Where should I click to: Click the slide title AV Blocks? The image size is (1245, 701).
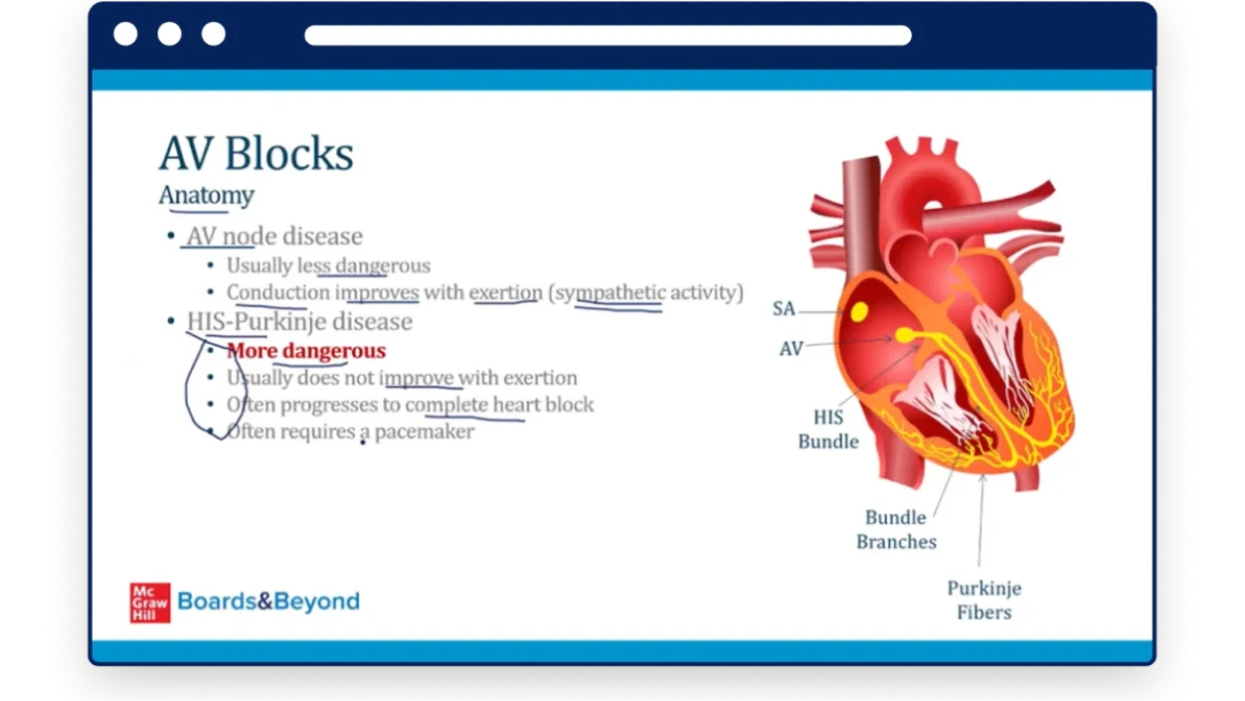[257, 153]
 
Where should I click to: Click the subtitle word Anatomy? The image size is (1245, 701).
[206, 196]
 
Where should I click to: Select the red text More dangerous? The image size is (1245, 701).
[306, 351]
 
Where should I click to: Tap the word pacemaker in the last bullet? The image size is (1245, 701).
[425, 432]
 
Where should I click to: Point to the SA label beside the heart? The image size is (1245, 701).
[784, 308]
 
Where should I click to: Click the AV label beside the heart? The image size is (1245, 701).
[791, 349]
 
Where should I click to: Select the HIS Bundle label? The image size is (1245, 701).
[828, 430]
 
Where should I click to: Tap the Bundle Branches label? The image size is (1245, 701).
[896, 529]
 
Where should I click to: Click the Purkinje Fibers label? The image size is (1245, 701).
[983, 600]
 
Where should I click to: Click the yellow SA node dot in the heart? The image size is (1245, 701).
[859, 311]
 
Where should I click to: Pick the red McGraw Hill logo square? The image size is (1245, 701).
[150, 603]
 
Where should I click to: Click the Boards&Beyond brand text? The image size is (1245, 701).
[268, 602]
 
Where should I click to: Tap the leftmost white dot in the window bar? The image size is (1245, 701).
[125, 34]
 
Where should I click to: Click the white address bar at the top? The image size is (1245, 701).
[608, 35]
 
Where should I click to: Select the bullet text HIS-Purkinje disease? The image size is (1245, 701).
[299, 322]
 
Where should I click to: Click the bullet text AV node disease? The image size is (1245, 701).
[274, 237]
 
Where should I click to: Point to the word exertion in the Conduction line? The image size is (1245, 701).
[506, 292]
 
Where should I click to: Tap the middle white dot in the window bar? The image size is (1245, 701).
[169, 34]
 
